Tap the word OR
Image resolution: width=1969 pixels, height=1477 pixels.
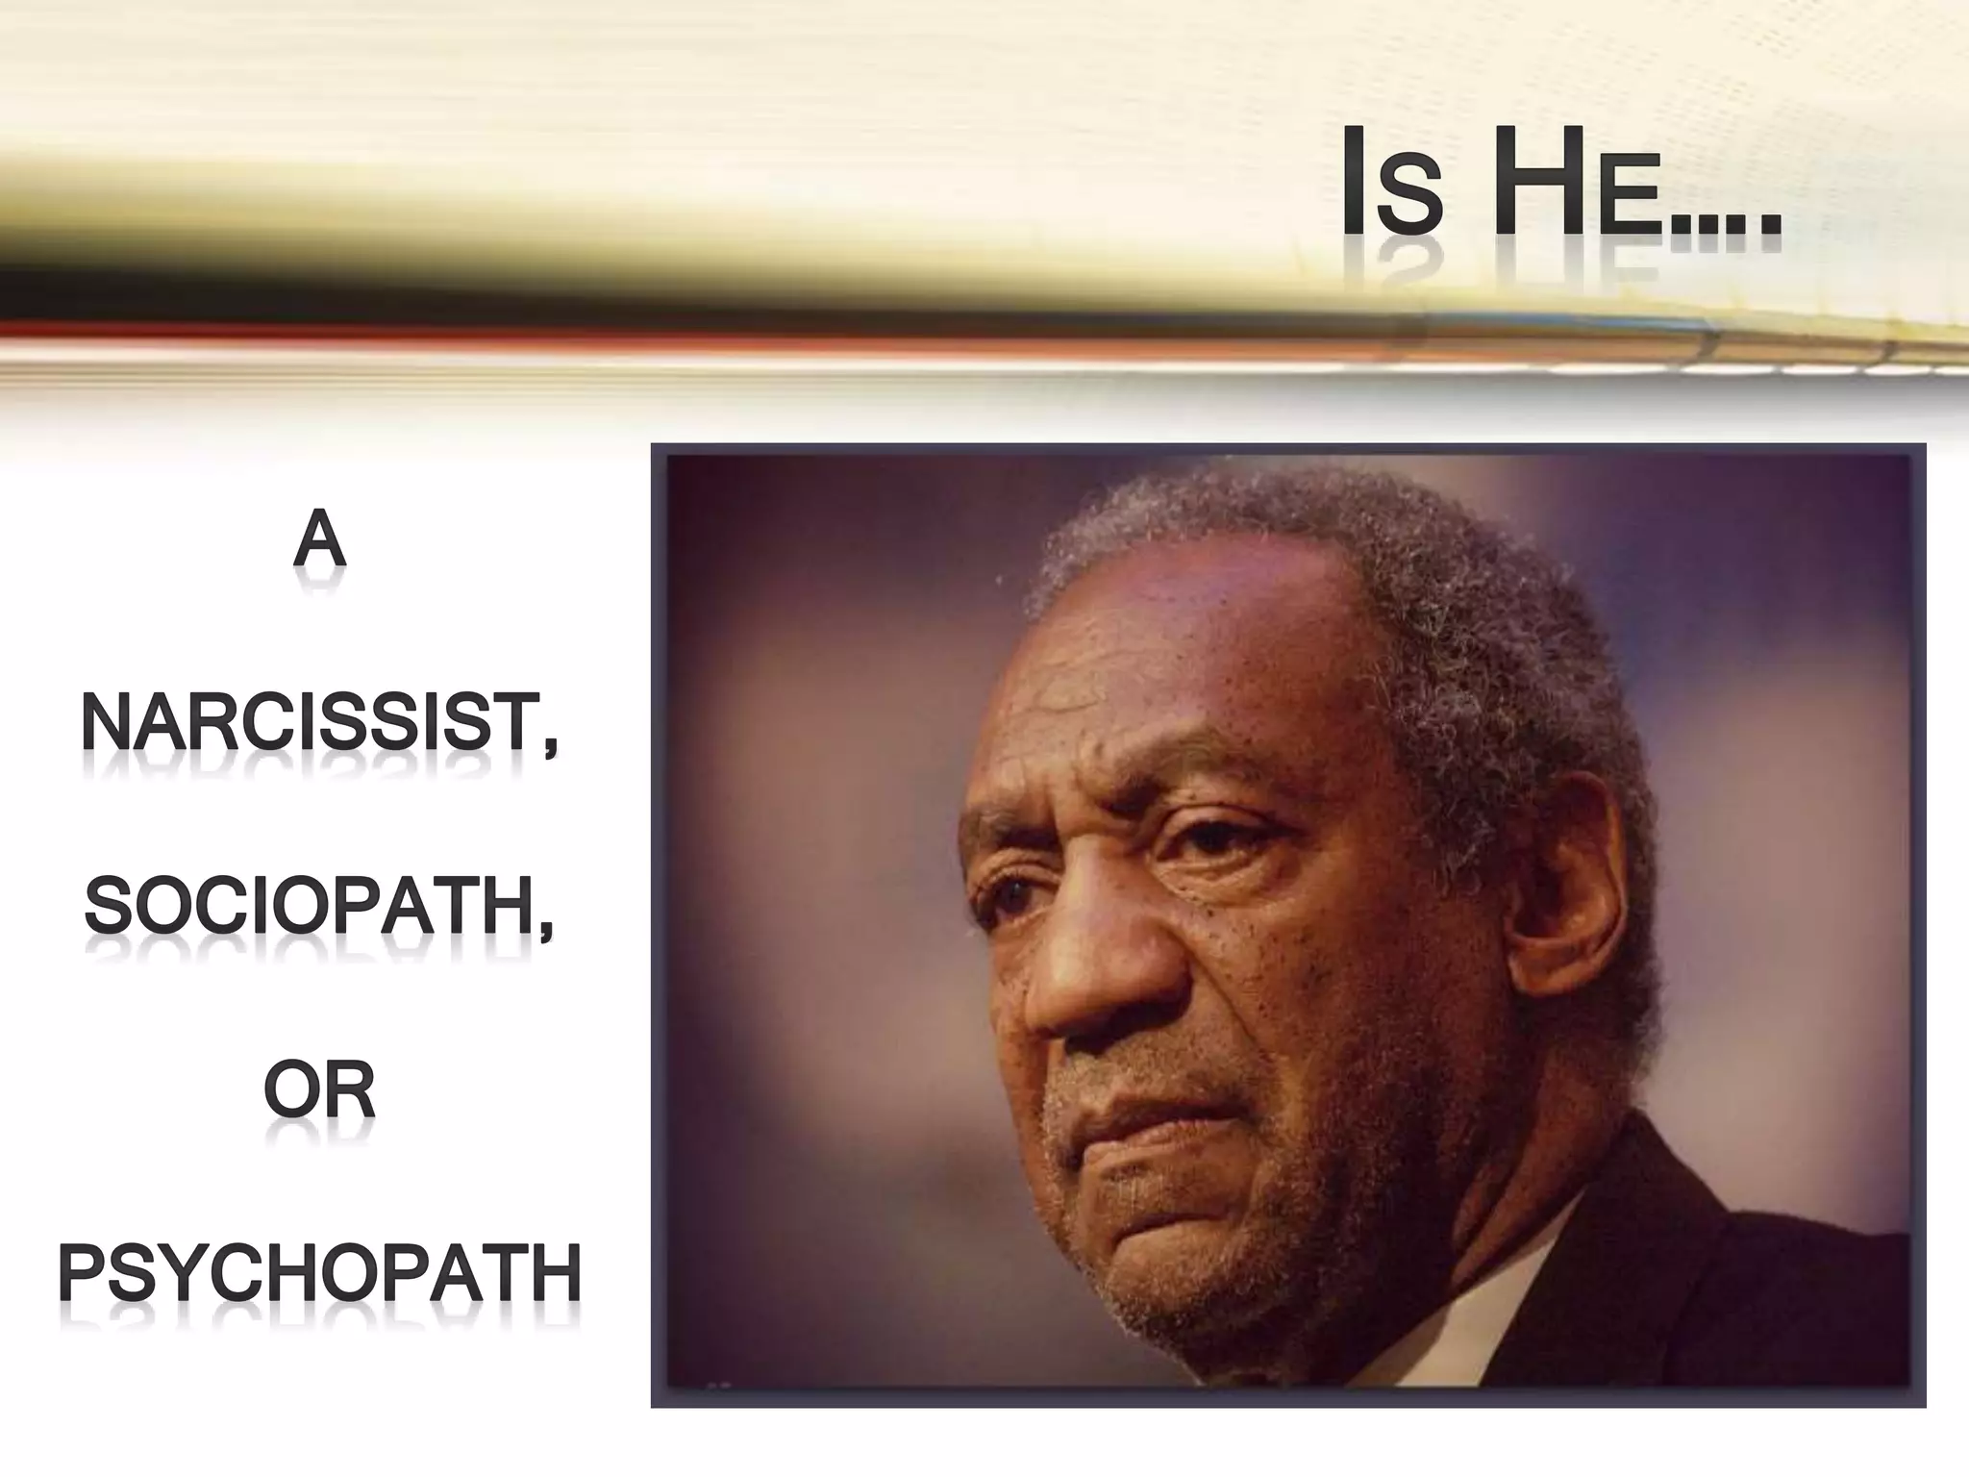pos(319,1091)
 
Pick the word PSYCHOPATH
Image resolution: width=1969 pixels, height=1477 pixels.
pos(319,1273)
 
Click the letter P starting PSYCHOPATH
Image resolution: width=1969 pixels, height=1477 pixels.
pos(84,1273)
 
